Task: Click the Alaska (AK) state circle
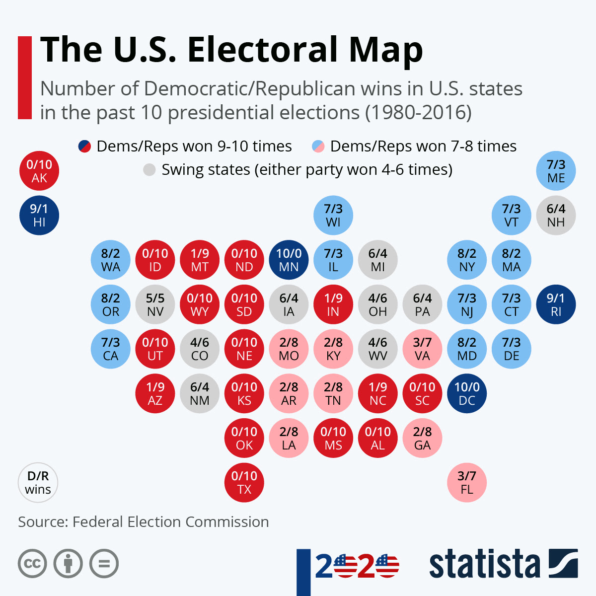[x=39, y=171]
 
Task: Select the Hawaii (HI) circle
[x=39, y=216]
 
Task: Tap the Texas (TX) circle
[x=244, y=482]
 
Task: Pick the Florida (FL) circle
[x=467, y=482]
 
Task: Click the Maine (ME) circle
[x=556, y=171]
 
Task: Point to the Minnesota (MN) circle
[x=289, y=260]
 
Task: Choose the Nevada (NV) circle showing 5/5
[x=155, y=304]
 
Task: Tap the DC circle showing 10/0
[x=467, y=393]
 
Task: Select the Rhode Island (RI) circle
[x=556, y=304]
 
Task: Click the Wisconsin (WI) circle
[x=333, y=216]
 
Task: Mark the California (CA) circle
[x=110, y=349]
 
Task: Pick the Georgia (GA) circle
[x=422, y=438]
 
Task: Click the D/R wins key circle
[x=38, y=482]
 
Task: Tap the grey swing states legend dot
[x=149, y=170]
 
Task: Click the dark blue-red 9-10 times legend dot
[x=84, y=147]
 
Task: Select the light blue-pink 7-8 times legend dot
[x=318, y=147]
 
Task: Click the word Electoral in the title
[x=263, y=50]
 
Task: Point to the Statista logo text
[x=484, y=564]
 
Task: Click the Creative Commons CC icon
[x=32, y=564]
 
